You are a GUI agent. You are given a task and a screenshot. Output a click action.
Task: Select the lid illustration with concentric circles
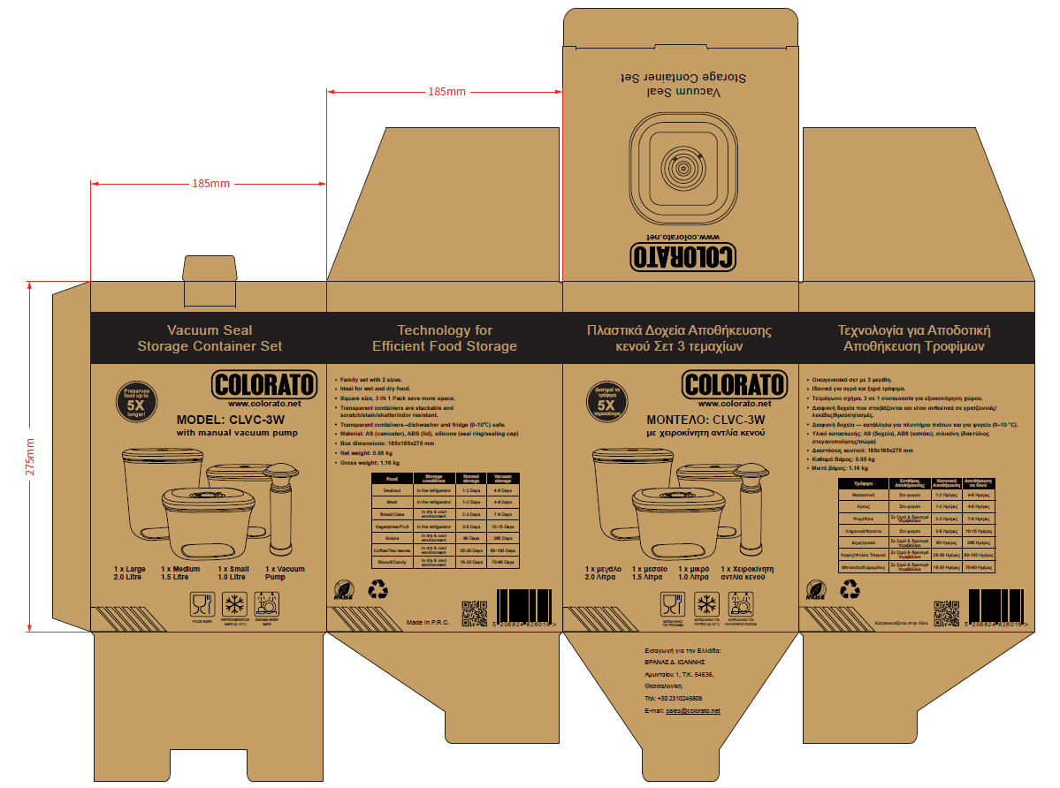[x=680, y=166]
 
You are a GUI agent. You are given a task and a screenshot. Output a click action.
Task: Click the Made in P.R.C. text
[x=429, y=623]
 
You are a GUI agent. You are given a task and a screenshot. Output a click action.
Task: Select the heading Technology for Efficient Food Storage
[x=445, y=338]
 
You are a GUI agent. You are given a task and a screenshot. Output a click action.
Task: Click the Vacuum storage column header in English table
[x=502, y=478]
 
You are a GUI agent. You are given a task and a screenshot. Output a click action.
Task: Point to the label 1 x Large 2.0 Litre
[x=129, y=573]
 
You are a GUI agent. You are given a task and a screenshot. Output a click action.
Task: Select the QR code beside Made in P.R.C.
[x=474, y=612]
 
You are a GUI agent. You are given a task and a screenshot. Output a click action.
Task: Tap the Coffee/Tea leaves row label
[x=392, y=550]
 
